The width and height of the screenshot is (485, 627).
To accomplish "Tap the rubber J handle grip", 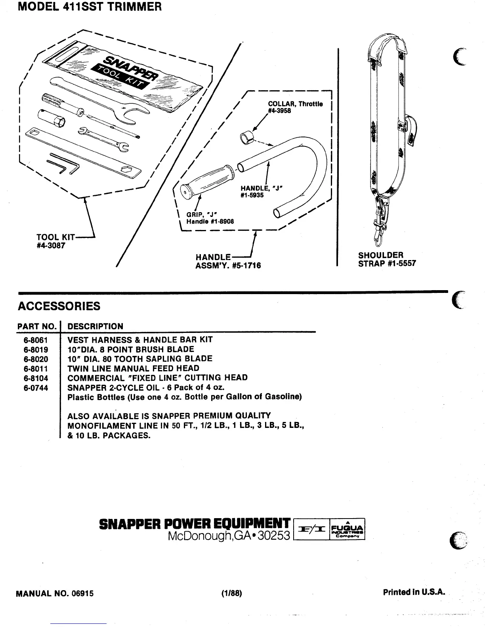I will tap(207, 182).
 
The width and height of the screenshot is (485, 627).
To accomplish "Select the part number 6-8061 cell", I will tap(36, 340).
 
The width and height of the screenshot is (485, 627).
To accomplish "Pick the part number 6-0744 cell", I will tap(36, 388).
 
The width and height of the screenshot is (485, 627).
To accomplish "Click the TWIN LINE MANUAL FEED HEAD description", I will tap(134, 368).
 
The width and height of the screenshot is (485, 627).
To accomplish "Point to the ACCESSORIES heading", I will tap(59, 306).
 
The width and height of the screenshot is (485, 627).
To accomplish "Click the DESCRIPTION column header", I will tap(95, 326).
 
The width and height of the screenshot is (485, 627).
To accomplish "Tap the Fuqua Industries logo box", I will tap(347, 529).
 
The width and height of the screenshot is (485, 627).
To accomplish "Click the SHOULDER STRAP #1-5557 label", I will tap(387, 259).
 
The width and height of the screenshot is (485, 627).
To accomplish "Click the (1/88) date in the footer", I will tap(232, 593).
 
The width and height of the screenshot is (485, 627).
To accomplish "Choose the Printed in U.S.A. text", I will tap(414, 593).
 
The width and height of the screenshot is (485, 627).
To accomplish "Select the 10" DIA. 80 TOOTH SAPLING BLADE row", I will tap(140, 359).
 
